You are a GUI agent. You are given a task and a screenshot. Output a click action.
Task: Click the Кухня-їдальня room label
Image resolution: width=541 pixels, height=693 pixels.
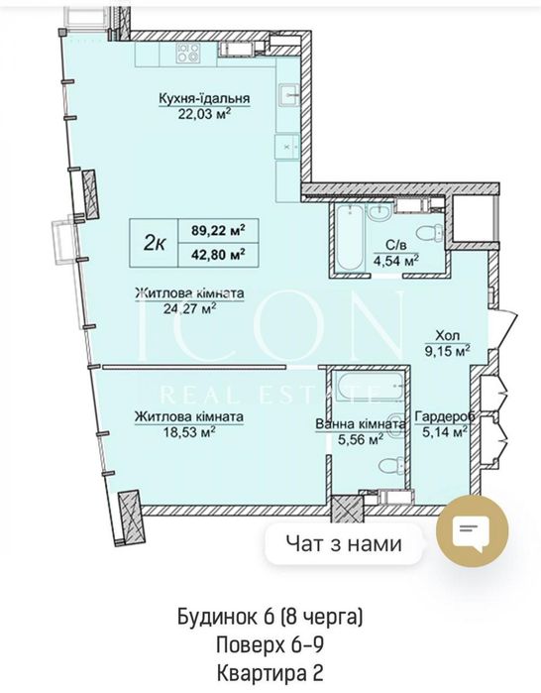tap(204, 98)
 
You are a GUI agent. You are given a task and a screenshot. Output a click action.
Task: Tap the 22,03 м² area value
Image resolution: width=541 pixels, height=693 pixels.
tap(204, 114)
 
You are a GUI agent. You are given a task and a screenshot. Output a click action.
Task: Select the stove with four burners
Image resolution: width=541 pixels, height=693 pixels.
tap(187, 53)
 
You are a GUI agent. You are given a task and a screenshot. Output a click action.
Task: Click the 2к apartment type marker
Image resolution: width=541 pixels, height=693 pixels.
tap(155, 243)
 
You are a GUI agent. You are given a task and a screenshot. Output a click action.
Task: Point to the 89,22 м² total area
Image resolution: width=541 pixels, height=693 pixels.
tap(218, 230)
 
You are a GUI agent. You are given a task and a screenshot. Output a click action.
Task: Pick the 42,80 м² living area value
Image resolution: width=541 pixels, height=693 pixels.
tap(218, 254)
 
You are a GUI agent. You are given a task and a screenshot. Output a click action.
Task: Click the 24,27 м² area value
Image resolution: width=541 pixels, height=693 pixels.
tap(189, 308)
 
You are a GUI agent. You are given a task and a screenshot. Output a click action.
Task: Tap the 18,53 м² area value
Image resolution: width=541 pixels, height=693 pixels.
tap(189, 432)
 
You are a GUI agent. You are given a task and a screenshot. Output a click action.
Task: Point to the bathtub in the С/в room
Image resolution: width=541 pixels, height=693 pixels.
tap(349, 238)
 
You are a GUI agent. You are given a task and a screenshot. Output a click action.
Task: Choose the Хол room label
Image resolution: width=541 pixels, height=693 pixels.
tap(448, 335)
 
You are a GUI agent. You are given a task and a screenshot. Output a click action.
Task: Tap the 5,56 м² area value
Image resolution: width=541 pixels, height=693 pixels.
tap(360, 439)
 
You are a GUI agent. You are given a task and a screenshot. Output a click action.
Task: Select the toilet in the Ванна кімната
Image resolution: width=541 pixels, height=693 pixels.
tap(390, 465)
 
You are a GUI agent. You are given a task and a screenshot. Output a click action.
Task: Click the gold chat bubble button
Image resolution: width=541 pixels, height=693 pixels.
tap(472, 531)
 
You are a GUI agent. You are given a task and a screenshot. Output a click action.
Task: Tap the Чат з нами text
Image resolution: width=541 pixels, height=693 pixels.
tap(344, 543)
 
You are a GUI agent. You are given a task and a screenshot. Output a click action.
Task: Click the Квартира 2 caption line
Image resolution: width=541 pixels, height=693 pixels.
tap(270, 673)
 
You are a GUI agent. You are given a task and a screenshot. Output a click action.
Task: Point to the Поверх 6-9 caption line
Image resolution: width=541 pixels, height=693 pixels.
tap(270, 644)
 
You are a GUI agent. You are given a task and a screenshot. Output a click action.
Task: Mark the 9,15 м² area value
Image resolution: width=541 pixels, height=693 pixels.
tap(447, 351)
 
